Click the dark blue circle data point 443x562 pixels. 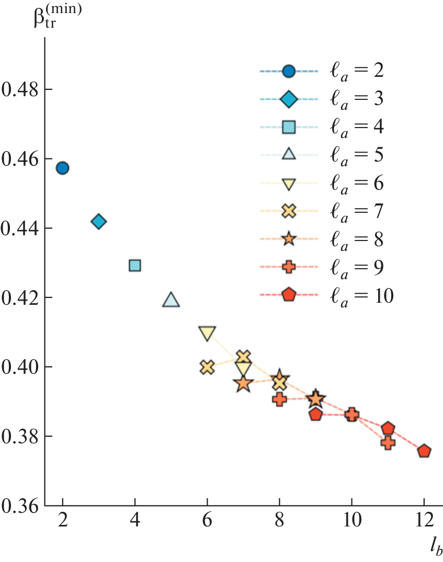(x=63, y=168)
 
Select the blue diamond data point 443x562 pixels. (x=99, y=222)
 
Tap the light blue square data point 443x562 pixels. (x=135, y=265)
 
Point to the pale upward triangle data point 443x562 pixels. (x=171, y=300)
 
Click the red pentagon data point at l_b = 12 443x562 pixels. (x=424, y=451)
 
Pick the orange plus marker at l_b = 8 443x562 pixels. (x=280, y=399)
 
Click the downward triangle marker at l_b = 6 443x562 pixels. (x=207, y=333)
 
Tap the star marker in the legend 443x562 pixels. (x=289, y=239)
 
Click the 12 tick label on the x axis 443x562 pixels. (x=424, y=523)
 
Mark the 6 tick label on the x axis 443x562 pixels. (x=207, y=523)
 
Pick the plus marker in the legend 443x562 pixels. (x=289, y=267)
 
